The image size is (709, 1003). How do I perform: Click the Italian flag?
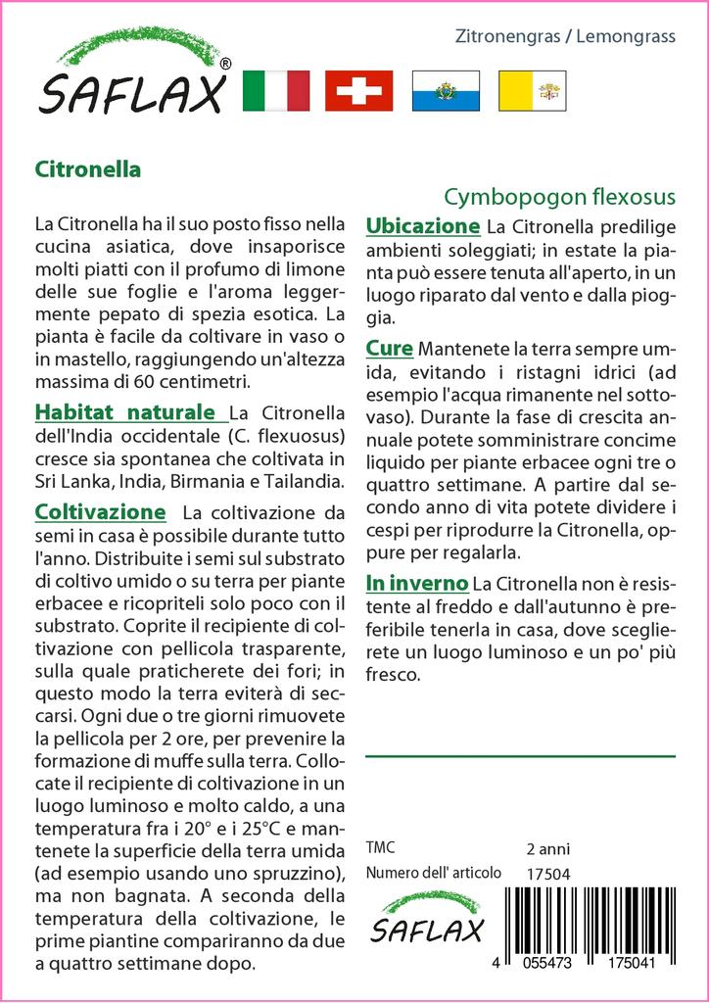pyautogui.click(x=275, y=90)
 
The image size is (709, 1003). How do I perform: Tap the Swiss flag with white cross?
pyautogui.click(x=358, y=90)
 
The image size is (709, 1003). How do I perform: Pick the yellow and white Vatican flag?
pyautogui.click(x=533, y=90)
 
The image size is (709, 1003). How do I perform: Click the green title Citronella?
pyautogui.click(x=87, y=168)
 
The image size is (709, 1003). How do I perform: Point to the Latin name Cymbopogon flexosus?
pyautogui.click(x=559, y=195)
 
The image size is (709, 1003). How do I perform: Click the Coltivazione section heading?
pyautogui.click(x=100, y=512)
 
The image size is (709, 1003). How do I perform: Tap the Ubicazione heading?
pyautogui.click(x=422, y=226)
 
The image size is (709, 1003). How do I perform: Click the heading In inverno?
pyautogui.click(x=415, y=584)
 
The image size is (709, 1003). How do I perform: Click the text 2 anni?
pyautogui.click(x=547, y=848)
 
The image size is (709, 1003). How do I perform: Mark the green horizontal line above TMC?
pyautogui.click(x=520, y=756)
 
